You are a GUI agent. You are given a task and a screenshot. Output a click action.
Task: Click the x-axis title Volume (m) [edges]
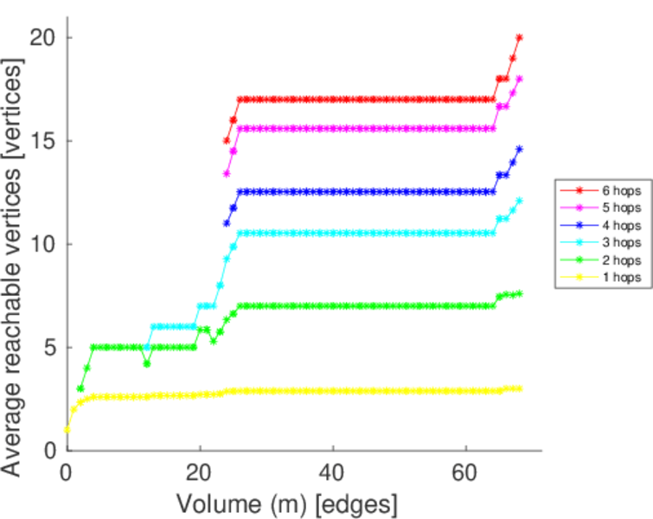click(x=287, y=503)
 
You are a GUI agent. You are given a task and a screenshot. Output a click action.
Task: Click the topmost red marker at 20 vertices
click(x=519, y=38)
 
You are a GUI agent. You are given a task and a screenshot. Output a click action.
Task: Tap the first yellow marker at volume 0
click(x=67, y=430)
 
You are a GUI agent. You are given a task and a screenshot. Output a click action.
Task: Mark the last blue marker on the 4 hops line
click(x=519, y=149)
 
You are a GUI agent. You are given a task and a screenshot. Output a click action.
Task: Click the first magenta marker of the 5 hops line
click(x=227, y=173)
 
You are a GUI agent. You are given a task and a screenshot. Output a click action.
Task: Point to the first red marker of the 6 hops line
click(x=227, y=141)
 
